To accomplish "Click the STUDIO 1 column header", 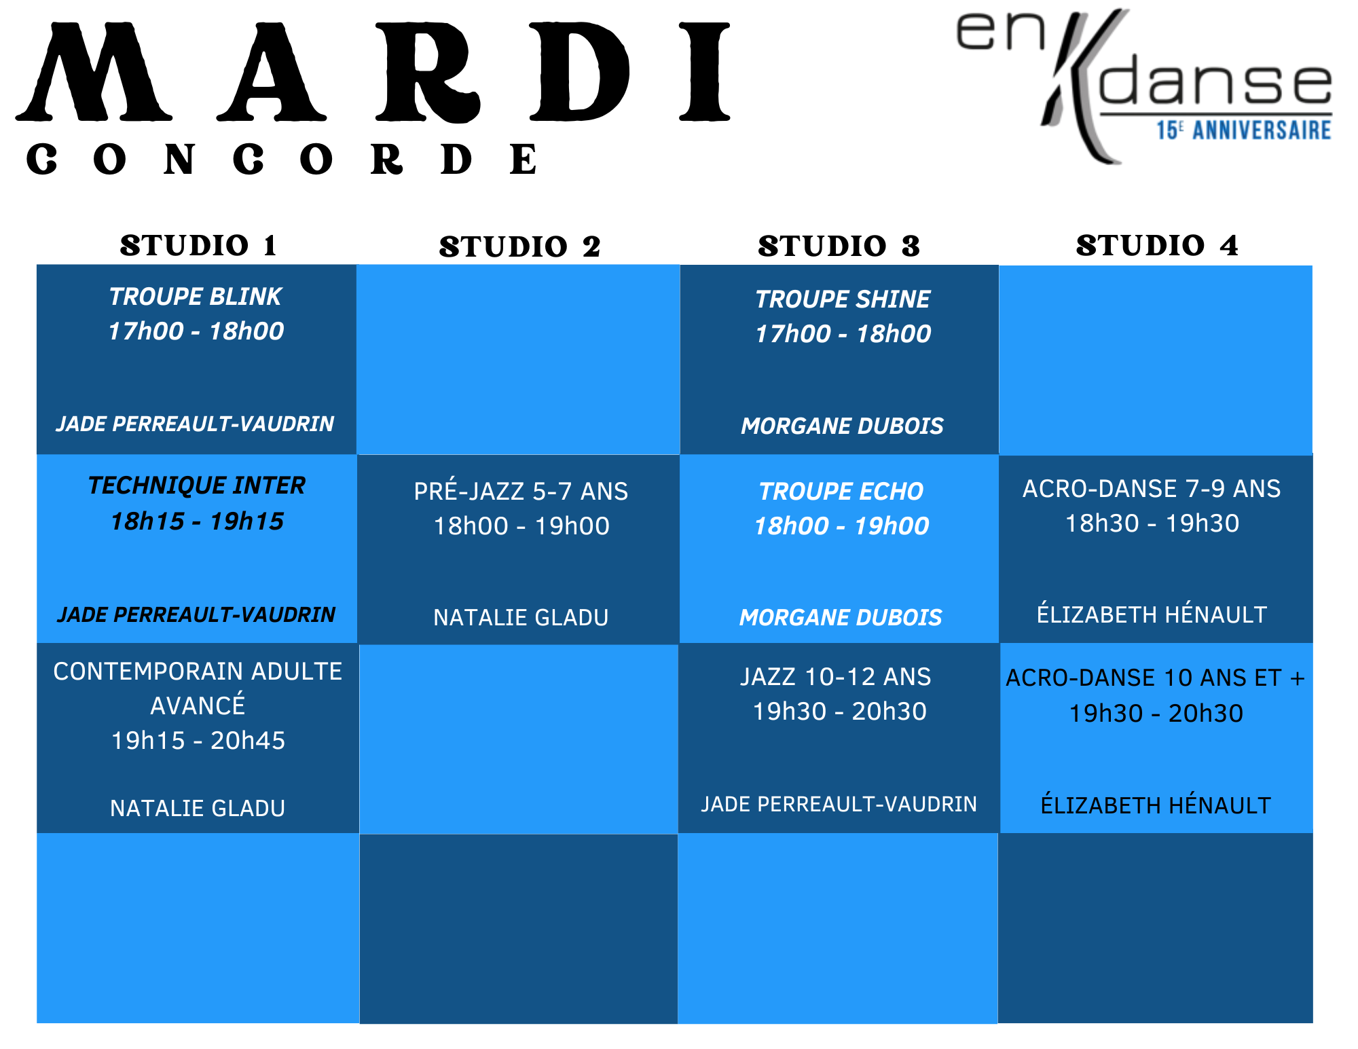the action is [198, 245].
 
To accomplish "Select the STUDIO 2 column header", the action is [519, 246].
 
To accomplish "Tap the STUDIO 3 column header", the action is [839, 246].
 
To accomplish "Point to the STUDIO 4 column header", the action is [1157, 245].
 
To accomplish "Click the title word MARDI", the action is [373, 72].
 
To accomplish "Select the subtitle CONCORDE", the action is [282, 160].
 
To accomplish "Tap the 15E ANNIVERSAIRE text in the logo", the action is [1244, 130].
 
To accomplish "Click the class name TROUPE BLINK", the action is [196, 297].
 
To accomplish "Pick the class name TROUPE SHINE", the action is [843, 299].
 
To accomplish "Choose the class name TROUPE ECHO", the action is [841, 491].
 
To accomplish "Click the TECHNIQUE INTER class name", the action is [197, 485].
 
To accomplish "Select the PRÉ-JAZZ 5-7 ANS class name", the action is [521, 491].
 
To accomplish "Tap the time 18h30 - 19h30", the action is [1152, 523].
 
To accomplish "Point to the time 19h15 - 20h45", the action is [198, 741].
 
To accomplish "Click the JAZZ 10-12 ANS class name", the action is [836, 677].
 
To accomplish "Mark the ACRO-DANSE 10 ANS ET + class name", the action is [1156, 678].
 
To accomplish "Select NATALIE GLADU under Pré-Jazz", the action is [521, 617].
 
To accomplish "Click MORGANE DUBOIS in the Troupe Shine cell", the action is [843, 426].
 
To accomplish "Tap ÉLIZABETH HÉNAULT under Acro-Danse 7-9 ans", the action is [1152, 614].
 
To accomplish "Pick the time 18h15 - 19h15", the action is [197, 521].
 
